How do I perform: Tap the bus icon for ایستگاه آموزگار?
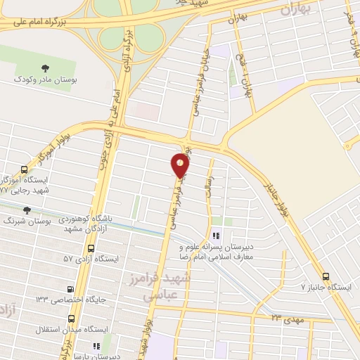(25, 169)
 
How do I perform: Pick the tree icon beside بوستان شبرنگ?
(27, 210)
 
